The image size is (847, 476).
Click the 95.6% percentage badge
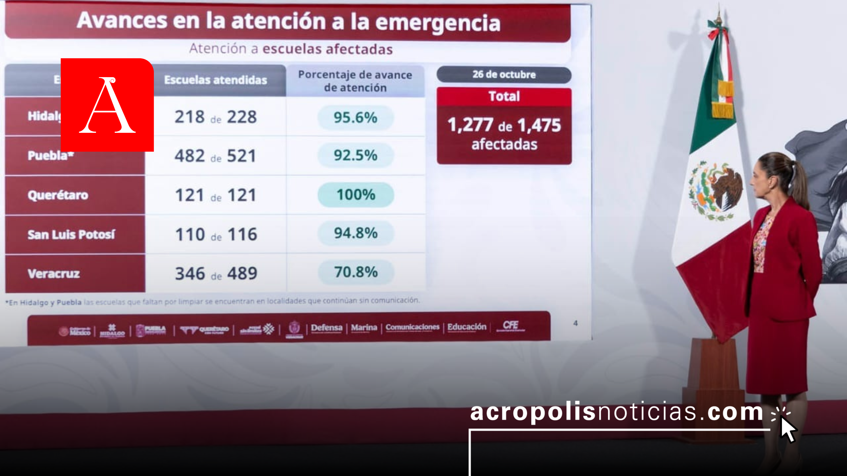[x=355, y=117]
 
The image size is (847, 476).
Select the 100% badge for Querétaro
[x=356, y=195]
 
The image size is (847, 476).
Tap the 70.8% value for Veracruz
[x=356, y=272]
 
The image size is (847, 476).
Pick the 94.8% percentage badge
[x=356, y=233]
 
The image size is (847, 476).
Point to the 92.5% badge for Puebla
[x=355, y=155]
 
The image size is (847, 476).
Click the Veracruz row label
[x=54, y=274]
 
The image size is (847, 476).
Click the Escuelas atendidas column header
[x=215, y=80]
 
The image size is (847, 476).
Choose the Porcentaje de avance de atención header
[x=355, y=81]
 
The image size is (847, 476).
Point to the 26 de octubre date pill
[x=504, y=75]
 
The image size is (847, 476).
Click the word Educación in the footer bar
[x=467, y=327]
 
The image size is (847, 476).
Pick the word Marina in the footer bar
[x=364, y=327]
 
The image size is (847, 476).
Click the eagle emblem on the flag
[x=717, y=191]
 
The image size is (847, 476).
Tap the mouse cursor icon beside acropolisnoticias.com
[x=788, y=429]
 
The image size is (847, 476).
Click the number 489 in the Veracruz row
[x=242, y=273]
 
